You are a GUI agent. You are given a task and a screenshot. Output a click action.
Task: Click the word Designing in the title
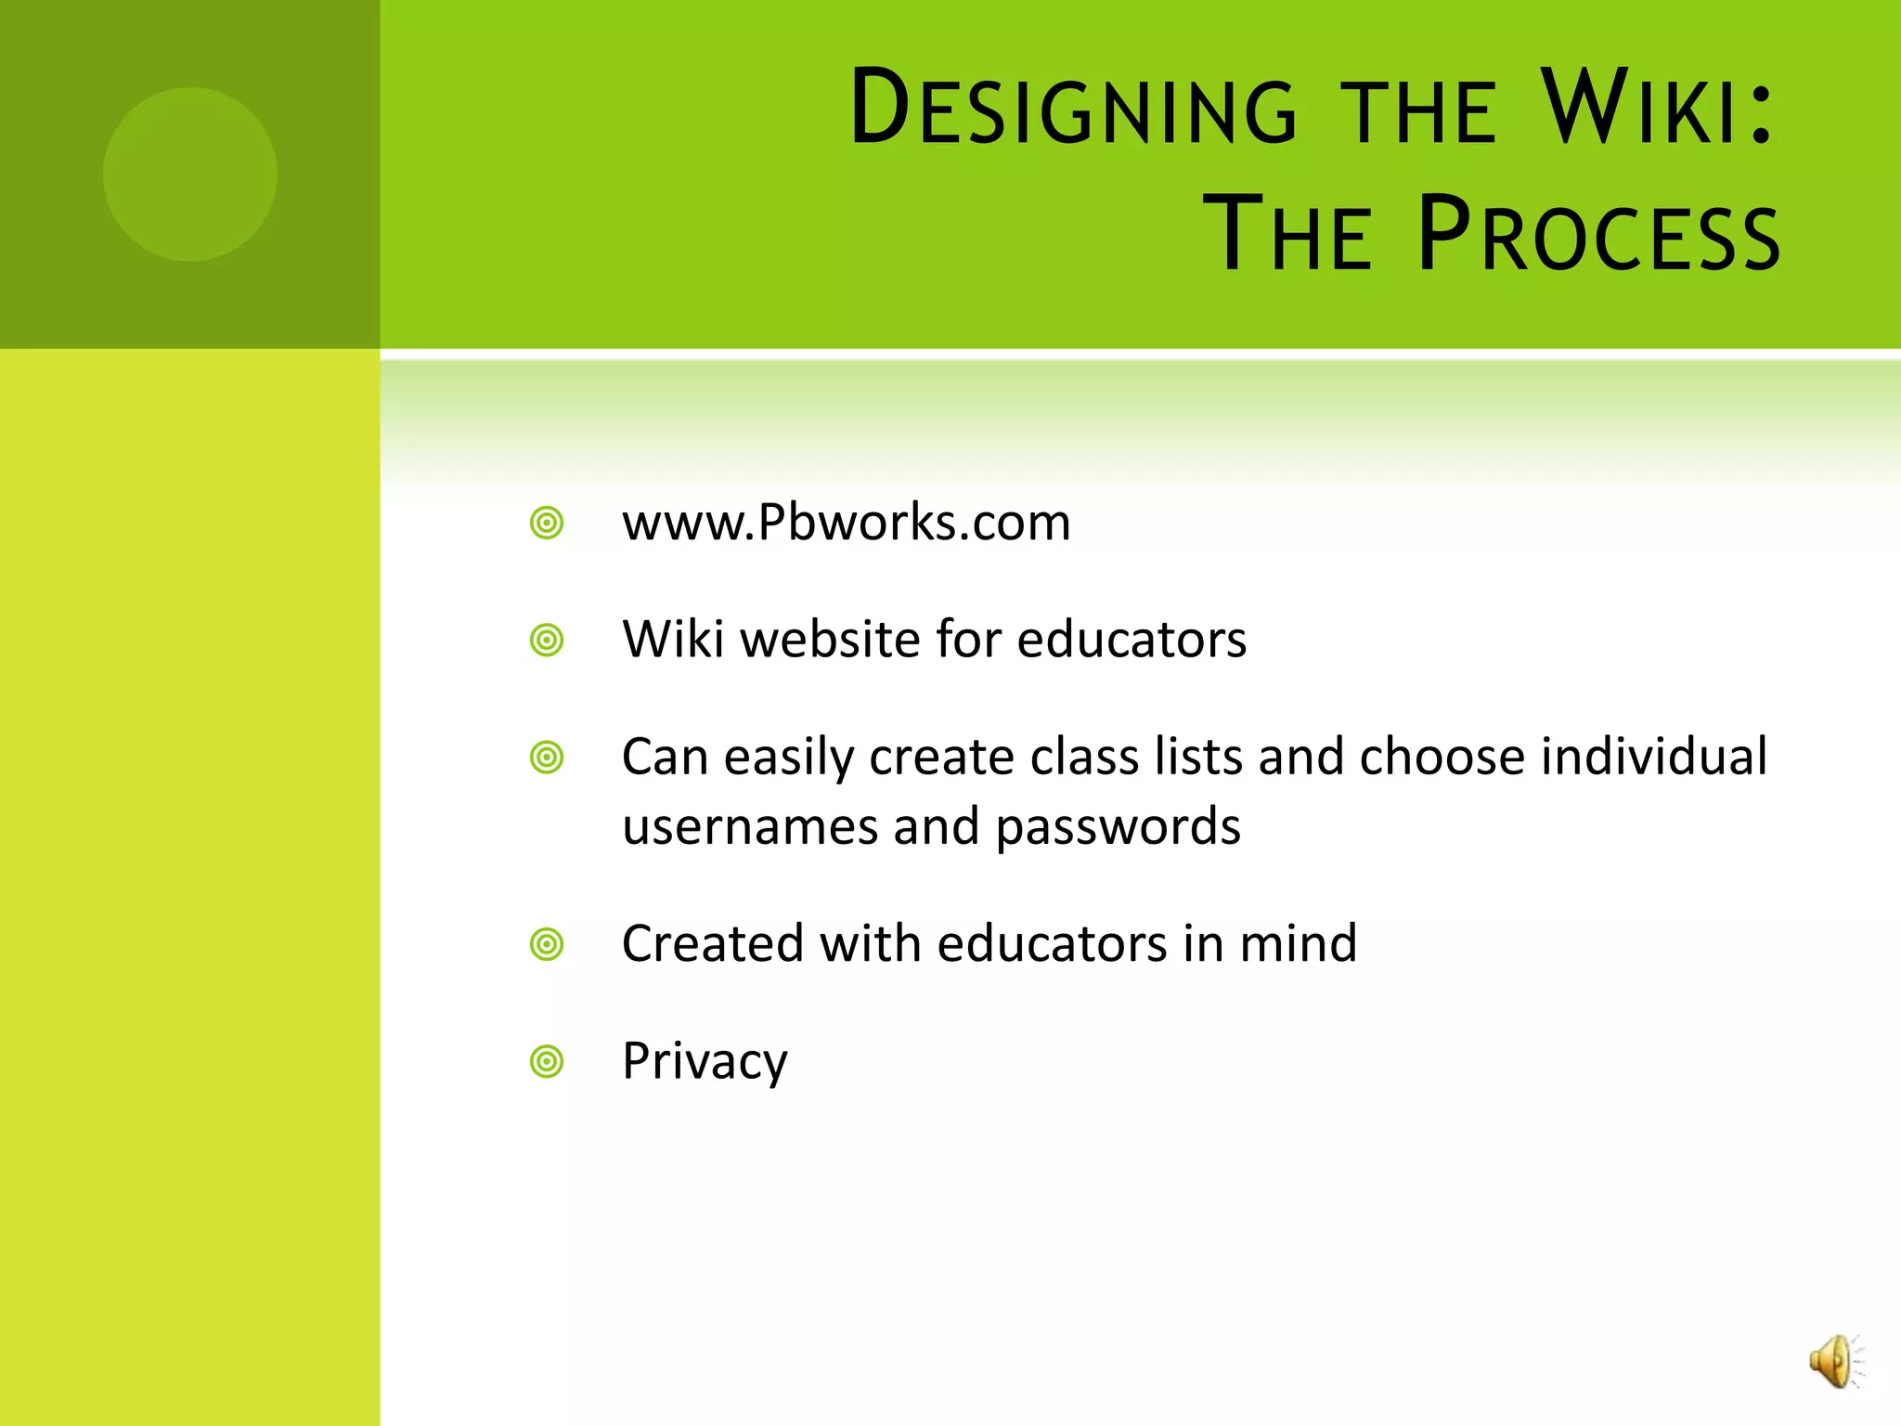(1072, 110)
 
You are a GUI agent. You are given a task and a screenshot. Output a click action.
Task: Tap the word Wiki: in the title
(1656, 108)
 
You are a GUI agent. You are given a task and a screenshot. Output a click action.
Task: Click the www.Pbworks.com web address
(846, 522)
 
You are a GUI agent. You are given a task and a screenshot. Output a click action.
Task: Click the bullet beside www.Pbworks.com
(547, 524)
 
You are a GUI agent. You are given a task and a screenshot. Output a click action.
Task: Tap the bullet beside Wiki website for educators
(547, 641)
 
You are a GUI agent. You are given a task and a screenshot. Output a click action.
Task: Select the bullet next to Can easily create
(547, 758)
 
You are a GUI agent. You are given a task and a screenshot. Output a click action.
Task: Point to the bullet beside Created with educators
(547, 945)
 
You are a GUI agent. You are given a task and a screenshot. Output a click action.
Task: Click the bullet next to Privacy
(547, 1062)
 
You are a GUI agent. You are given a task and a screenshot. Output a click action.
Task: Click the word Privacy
(705, 1061)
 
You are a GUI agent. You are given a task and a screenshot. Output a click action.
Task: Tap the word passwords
(1118, 826)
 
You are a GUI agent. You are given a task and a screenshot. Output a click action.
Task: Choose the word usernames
(750, 826)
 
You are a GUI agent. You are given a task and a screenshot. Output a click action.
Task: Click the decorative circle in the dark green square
(190, 175)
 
